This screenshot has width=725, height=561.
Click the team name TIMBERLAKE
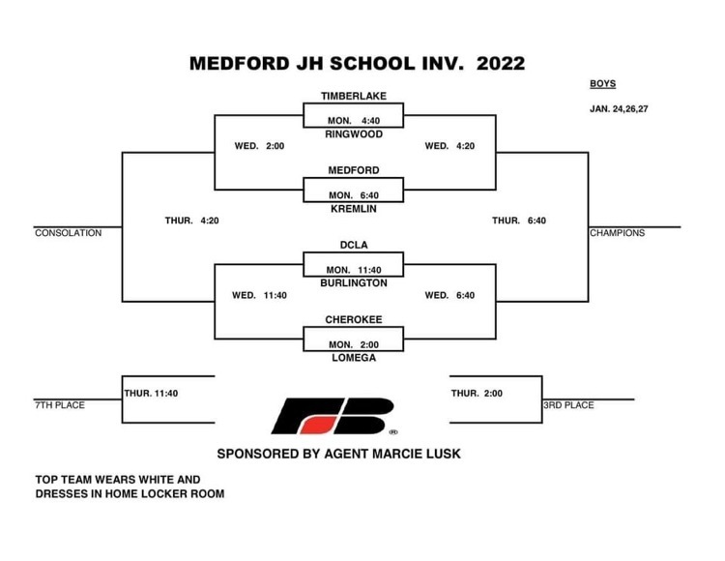[x=354, y=96]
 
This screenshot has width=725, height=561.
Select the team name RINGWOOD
[x=354, y=134]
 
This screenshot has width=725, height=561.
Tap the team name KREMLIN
[x=354, y=209]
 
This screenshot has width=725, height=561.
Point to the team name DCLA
[x=354, y=245]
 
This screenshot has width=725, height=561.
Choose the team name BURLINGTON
[x=354, y=283]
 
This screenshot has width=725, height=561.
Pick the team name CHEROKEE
[x=354, y=319]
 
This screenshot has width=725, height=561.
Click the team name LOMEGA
[x=354, y=358]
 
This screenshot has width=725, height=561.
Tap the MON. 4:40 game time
[x=354, y=121]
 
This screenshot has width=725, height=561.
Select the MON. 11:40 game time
[x=354, y=270]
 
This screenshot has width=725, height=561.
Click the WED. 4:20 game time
[x=449, y=146]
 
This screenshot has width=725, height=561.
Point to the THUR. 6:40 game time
[x=519, y=221]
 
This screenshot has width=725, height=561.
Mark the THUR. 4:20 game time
[x=192, y=221]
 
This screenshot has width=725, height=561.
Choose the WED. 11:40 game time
[x=259, y=295]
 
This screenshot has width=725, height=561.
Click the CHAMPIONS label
[x=618, y=233]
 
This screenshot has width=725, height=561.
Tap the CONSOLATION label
[x=69, y=233]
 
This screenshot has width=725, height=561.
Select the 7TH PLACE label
[x=60, y=405]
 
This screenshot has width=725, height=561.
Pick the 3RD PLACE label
[x=568, y=405]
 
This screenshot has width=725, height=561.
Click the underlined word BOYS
[x=603, y=84]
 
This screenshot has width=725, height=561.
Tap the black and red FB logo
[x=333, y=416]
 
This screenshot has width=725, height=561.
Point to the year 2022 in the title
[x=501, y=64]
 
